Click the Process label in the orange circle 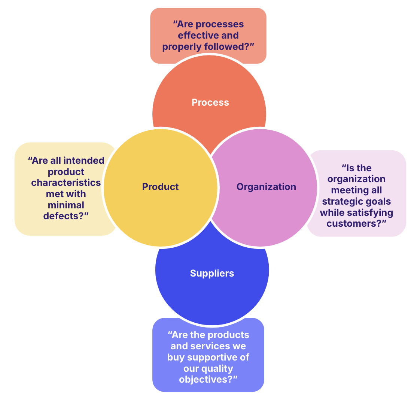[210, 102]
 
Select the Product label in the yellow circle [160, 187]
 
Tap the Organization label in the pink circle [266, 187]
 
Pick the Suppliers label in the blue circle [212, 273]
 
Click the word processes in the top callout [220, 24]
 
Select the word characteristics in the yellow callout [66, 183]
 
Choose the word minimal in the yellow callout [66, 205]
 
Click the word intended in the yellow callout [83, 160]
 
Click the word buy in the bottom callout [176, 357]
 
